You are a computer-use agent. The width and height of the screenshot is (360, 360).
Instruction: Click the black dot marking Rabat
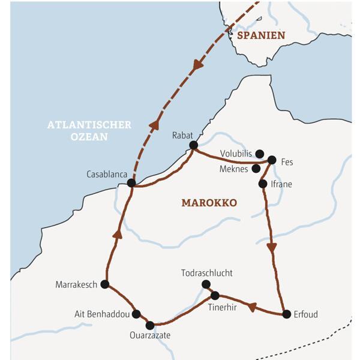click(193, 145)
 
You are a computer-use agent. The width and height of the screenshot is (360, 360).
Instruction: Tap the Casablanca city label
click(107, 174)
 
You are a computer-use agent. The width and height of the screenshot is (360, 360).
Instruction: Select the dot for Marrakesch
click(104, 284)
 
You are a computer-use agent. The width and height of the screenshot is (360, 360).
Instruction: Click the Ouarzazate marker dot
click(150, 325)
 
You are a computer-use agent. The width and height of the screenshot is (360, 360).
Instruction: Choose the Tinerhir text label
click(223, 308)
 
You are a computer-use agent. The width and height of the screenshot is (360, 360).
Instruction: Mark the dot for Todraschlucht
click(206, 284)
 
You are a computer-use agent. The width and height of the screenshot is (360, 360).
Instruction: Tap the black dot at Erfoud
click(286, 313)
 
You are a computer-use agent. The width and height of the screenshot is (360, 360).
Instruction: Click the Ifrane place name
click(281, 184)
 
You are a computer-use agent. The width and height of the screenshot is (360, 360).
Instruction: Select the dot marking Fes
click(272, 160)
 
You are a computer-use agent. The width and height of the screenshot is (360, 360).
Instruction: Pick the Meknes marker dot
click(256, 169)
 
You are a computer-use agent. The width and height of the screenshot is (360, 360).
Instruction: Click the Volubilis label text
click(235, 154)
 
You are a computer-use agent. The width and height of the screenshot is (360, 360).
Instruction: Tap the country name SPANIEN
click(261, 36)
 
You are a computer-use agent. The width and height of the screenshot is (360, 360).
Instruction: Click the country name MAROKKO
click(209, 203)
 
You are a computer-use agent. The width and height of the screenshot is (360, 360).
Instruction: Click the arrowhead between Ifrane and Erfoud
click(272, 247)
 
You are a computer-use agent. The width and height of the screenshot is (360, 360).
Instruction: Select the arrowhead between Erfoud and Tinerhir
click(252, 307)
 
